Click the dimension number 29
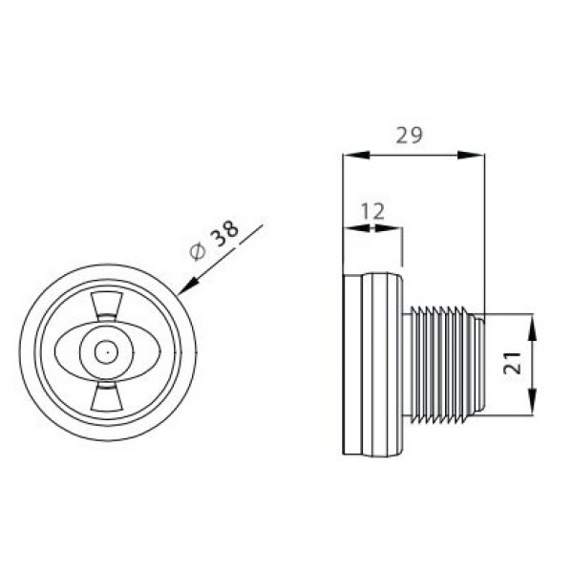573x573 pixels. (410, 136)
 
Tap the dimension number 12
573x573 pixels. (372, 211)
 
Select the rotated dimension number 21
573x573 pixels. (512, 363)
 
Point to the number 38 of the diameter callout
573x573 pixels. (225, 233)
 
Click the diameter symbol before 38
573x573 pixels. (198, 252)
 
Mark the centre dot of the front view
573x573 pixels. (107, 352)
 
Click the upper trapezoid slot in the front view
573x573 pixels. (107, 306)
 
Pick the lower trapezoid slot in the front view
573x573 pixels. (107, 397)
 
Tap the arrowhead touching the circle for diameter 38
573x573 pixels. (188, 286)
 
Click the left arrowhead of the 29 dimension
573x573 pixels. (356, 155)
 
